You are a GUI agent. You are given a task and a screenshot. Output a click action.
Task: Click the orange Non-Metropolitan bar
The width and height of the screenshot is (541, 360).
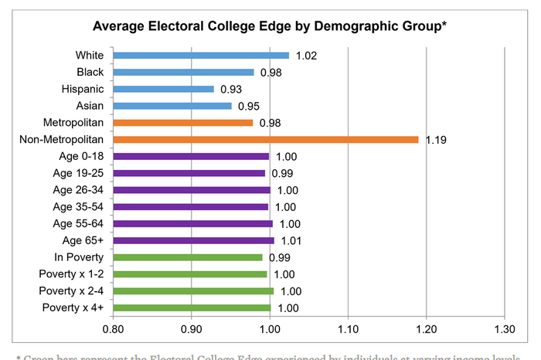266,140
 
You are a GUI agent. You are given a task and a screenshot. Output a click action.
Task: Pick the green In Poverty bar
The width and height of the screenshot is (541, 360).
188,257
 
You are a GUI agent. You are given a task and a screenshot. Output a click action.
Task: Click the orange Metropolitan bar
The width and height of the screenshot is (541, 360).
183,123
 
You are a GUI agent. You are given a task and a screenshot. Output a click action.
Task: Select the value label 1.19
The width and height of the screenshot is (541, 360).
437,141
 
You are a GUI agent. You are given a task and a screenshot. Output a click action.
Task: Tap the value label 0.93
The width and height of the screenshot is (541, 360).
232,90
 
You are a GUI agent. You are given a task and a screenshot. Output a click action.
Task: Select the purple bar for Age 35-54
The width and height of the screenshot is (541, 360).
191,207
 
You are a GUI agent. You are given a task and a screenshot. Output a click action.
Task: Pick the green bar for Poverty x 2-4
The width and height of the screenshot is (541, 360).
193,291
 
